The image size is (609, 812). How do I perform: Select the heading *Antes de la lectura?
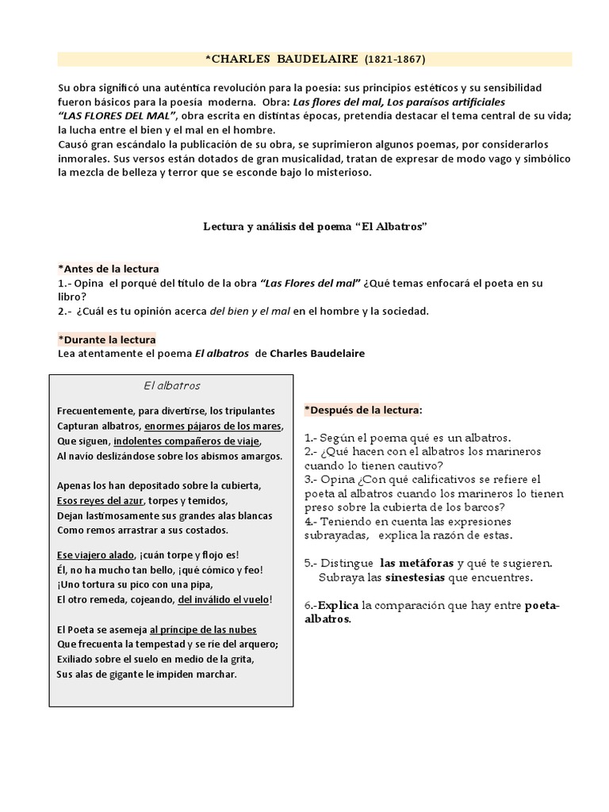coord(109,269)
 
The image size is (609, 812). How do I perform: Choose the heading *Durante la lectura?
coord(107,339)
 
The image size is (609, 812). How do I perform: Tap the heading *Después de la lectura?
coord(363,410)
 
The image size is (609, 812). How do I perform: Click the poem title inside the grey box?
coord(172,386)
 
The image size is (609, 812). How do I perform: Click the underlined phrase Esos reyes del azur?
coord(94,500)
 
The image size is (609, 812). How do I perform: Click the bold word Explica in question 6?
coord(339,606)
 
